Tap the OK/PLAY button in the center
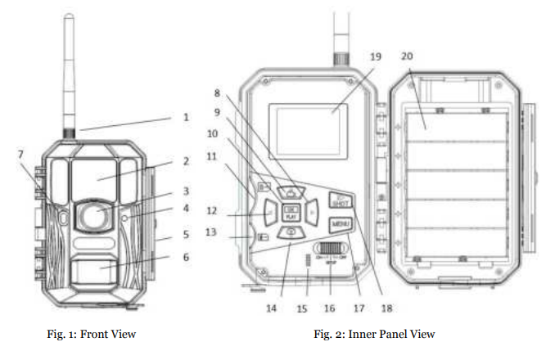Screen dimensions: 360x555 pos(291,214)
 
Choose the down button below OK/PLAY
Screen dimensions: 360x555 pos(291,234)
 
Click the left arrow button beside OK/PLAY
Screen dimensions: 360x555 pos(269,214)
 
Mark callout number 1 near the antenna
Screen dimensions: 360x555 pos(186,117)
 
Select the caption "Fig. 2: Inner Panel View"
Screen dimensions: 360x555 pos(375,335)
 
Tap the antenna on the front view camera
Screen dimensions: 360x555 pos(69,74)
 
